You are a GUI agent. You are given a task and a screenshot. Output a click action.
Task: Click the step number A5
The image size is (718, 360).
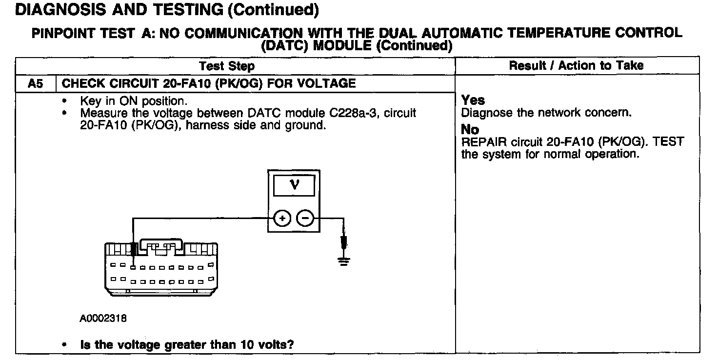coord(35,83)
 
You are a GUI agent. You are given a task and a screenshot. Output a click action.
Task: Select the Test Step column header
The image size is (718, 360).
coord(227,66)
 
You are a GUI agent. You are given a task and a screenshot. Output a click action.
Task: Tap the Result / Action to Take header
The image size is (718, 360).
coord(576,65)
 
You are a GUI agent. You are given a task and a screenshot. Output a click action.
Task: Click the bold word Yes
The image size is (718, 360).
coord(473,100)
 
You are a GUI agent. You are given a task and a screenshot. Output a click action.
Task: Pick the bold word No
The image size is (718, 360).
coord(470,130)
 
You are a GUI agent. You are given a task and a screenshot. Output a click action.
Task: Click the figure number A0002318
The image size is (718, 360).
coord(103,319)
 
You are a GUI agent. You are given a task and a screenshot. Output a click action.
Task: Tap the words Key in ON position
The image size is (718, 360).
coord(133,101)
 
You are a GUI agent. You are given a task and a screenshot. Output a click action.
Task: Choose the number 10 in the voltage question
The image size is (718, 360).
coord(246,344)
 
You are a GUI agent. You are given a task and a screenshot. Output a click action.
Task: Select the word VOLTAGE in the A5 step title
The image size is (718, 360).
coord(327,83)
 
